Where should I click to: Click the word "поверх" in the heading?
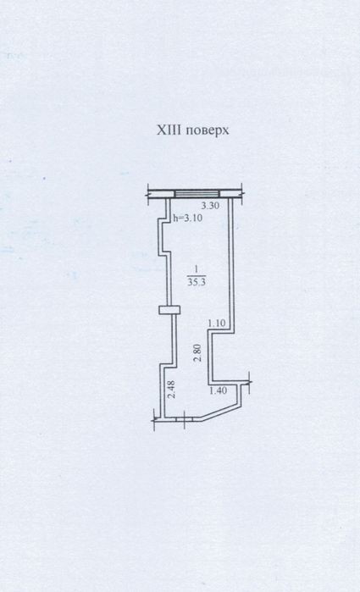tap(208, 130)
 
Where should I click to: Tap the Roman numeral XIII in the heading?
tap(169, 130)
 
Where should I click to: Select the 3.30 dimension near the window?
tap(210, 206)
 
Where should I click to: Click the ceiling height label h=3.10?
tap(187, 218)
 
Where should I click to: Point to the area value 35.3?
tap(197, 282)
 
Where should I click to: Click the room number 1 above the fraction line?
tap(196, 269)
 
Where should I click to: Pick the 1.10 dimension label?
tap(217, 324)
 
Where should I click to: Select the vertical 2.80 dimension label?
tap(197, 353)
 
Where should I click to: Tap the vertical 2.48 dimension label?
tap(171, 390)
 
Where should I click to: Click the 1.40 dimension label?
tap(218, 390)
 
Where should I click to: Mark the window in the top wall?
tap(197, 194)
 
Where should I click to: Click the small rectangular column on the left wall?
tap(169, 310)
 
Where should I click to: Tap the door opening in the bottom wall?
tap(185, 418)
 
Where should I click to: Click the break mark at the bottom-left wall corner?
tap(155, 419)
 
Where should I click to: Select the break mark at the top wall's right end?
tap(241, 194)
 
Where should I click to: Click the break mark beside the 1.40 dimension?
tap(249, 383)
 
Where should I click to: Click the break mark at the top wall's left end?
tap(148, 194)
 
